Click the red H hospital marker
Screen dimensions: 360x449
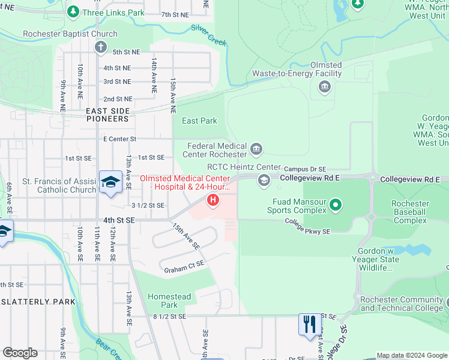[212, 199]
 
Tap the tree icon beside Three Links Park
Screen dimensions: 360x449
[73, 11]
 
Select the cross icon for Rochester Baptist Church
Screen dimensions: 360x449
[100, 47]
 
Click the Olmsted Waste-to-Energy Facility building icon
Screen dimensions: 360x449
[324, 88]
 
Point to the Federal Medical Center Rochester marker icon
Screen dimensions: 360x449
[256, 148]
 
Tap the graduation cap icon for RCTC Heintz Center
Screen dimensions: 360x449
[264, 180]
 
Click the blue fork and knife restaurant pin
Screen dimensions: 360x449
[309, 325]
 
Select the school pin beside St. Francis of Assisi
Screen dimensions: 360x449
[111, 182]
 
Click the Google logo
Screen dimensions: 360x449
[20, 353]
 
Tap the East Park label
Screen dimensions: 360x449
[199, 121]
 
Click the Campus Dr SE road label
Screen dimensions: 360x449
[305, 170]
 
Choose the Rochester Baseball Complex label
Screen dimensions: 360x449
[410, 212]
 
